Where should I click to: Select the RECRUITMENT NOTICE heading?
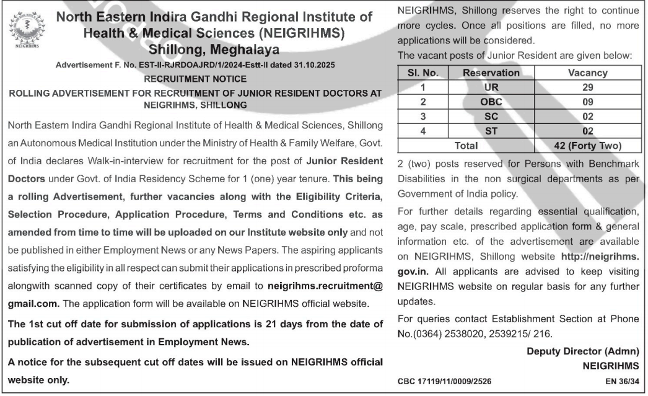(x=195, y=79)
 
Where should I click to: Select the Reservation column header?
(x=491, y=73)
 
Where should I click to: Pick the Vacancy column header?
(x=587, y=73)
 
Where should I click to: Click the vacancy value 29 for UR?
(x=587, y=87)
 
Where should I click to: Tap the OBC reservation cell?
(x=491, y=102)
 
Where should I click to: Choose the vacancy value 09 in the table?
(x=587, y=102)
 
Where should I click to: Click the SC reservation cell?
(x=491, y=117)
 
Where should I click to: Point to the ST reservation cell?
(x=491, y=131)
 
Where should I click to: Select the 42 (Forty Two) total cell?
(x=587, y=146)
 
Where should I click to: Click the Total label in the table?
(x=466, y=146)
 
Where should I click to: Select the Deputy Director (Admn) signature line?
(x=583, y=351)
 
